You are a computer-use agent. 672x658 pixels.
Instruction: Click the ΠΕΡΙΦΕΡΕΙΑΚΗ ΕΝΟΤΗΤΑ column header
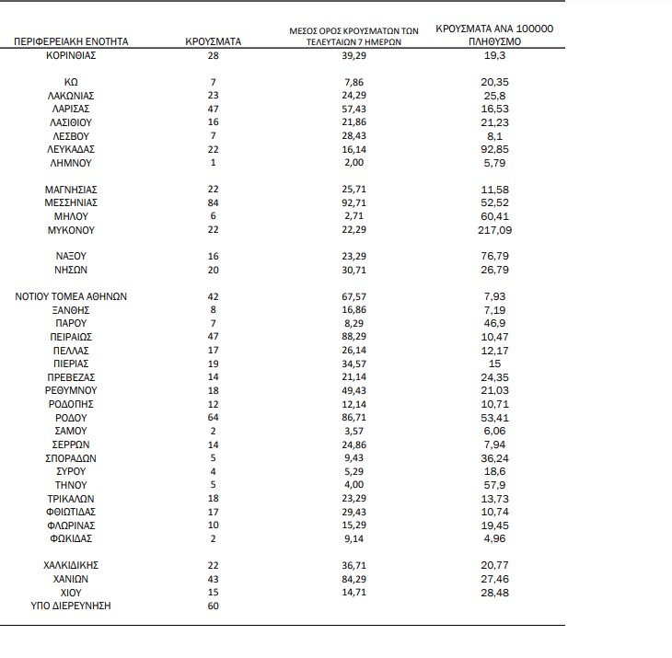71,42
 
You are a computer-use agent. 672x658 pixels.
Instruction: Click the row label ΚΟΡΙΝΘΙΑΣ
71,56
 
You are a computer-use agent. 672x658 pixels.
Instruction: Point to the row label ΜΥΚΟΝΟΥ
71,230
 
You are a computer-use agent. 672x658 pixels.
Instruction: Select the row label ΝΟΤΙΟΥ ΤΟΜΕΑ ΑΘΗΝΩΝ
71,297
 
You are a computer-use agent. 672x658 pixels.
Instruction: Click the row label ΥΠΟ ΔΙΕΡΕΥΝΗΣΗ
71,606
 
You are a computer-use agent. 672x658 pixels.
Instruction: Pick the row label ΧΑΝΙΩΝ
71,580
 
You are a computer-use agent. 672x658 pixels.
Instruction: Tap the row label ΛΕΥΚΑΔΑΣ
71,149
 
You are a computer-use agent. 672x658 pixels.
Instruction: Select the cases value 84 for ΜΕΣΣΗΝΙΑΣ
214,202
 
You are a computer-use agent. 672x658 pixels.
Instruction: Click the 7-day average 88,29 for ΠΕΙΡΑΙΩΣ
354,338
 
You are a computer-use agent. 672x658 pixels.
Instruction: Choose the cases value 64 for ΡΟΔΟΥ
214,418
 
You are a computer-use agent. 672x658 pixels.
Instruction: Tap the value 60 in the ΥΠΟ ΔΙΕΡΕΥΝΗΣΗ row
214,606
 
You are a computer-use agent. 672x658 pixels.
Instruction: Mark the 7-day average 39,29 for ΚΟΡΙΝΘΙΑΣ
354,56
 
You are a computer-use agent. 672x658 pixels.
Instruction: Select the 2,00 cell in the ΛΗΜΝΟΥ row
354,163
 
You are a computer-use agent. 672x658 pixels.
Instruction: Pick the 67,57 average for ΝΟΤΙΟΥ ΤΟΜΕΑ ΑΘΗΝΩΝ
354,297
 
